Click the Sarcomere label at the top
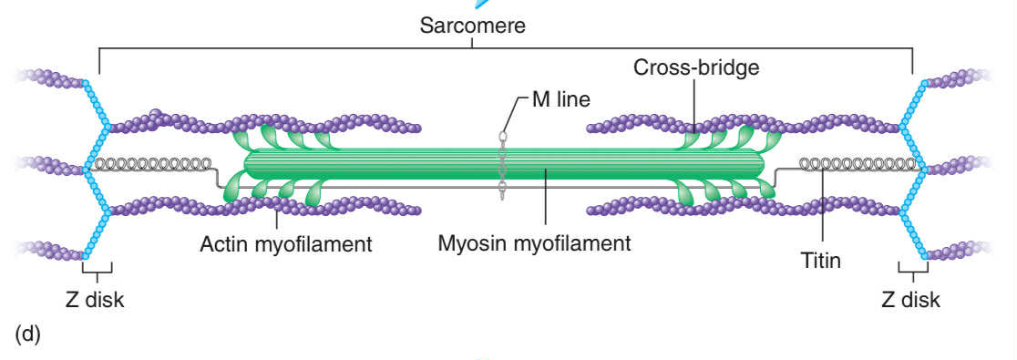pyautogui.click(x=473, y=25)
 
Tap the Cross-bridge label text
pyautogui.click(x=697, y=68)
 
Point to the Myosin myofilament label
pyautogui.click(x=534, y=243)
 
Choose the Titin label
pyautogui.click(x=820, y=261)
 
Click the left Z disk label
pyautogui.click(x=95, y=298)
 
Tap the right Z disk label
pyautogui.click(x=912, y=298)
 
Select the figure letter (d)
pyautogui.click(x=28, y=334)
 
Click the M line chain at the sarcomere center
pyautogui.click(x=501, y=164)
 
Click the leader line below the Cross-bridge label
pyautogui.click(x=693, y=105)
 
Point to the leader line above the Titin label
pyautogui.click(x=822, y=210)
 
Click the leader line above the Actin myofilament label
pyautogui.click(x=276, y=219)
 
